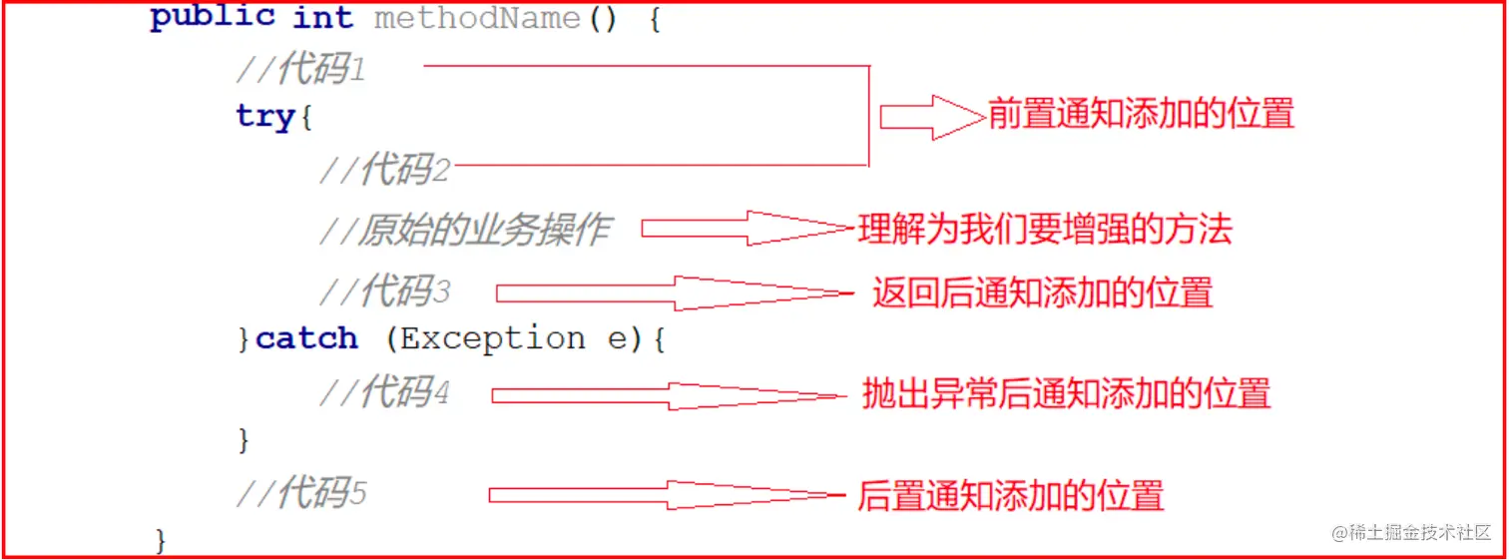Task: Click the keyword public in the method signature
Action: pos(213,18)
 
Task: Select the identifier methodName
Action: pos(476,18)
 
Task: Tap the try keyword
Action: pos(265,117)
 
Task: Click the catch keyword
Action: pos(306,339)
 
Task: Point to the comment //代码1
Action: pos(300,69)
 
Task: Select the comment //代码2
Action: pos(384,171)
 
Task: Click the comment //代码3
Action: pos(384,291)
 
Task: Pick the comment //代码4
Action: pos(384,392)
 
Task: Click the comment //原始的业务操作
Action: pos(464,231)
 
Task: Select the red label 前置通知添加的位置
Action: pos(1141,114)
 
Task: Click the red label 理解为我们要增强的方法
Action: pos(1045,230)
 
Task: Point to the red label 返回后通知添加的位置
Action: pos(1042,292)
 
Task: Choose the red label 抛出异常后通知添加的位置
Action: pos(1066,394)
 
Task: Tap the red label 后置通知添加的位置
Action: pos(1010,496)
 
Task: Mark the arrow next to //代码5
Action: pos(667,495)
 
